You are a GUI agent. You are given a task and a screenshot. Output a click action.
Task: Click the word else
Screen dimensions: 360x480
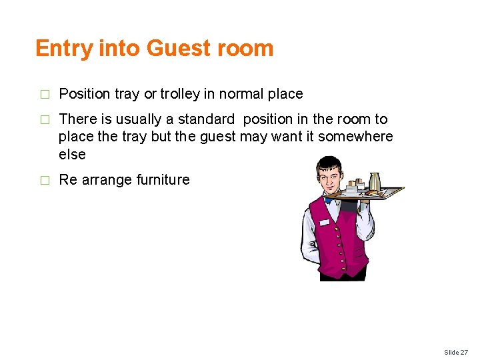(72, 154)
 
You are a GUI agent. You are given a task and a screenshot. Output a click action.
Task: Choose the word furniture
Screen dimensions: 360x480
(163, 179)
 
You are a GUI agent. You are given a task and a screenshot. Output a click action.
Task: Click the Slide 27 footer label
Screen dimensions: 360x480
(456, 352)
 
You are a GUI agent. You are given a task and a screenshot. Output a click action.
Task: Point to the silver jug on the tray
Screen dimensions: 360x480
(375, 181)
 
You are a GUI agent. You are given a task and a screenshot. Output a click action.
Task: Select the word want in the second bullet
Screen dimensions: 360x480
(299, 137)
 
